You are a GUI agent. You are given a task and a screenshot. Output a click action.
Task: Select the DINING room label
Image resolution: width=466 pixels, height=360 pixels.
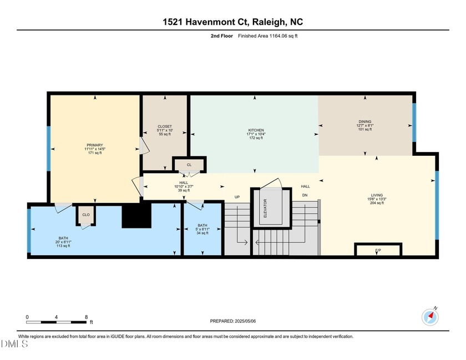point(364,121)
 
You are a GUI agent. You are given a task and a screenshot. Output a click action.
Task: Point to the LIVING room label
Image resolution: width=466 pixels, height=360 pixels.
point(377,195)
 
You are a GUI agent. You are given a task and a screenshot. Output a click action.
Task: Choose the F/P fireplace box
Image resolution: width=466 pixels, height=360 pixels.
point(378,251)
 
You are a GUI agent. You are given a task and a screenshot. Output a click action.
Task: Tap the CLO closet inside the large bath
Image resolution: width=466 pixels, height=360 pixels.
point(86,215)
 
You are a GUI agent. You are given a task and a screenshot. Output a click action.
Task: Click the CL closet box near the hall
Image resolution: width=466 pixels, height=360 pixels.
point(189,165)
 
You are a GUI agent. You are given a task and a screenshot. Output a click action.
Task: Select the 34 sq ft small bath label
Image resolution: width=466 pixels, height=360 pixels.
point(203,233)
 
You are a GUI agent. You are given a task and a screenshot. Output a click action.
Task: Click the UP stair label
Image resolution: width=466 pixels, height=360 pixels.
point(237,196)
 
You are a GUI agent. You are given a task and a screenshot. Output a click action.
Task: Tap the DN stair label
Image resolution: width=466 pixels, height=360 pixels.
point(305,195)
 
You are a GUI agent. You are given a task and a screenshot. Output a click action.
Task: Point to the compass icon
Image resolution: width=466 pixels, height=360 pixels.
point(430,316)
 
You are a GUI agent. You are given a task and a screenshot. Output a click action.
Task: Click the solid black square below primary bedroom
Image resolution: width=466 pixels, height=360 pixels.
point(136,215)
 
